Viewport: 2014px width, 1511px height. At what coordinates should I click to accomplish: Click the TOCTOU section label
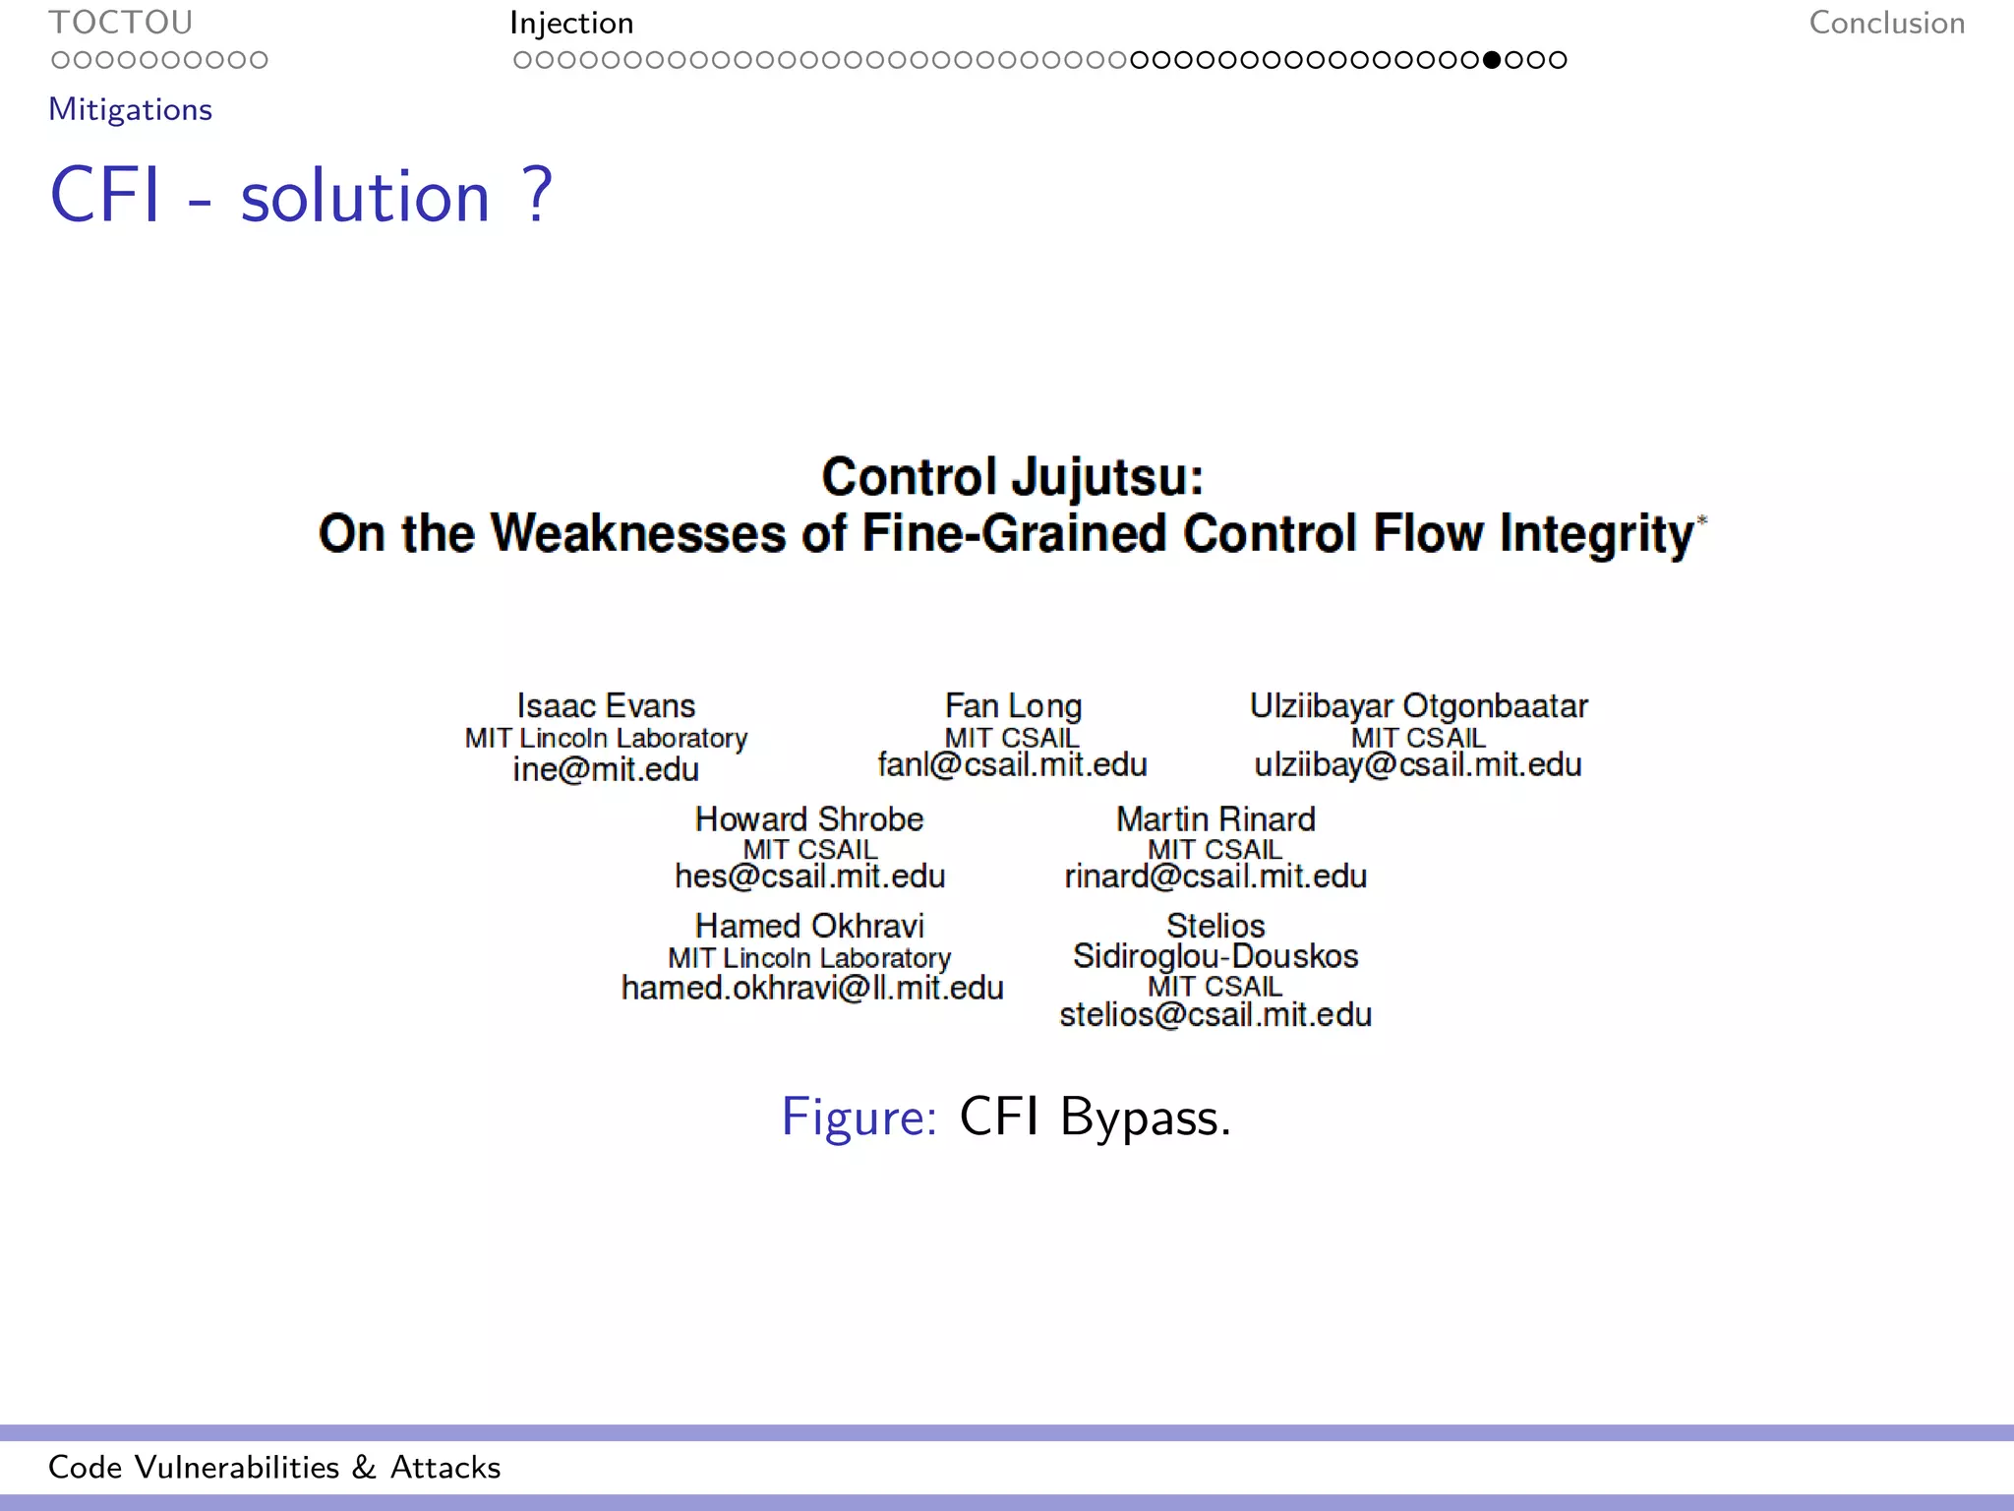coord(120,22)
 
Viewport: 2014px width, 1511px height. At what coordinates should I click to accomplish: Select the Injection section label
coord(571,23)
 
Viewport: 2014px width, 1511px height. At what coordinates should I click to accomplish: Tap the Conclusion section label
coord(1886,23)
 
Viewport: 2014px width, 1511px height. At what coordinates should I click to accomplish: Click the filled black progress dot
coord(1492,60)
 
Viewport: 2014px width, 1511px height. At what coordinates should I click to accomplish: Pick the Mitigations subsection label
coord(130,109)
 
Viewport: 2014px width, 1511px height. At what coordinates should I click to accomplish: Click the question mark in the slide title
coord(538,195)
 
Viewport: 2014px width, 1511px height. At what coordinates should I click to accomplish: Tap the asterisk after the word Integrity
coord(1702,520)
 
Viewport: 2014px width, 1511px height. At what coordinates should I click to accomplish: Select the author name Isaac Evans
coord(606,705)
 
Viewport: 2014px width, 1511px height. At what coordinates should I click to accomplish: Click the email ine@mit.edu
coord(606,769)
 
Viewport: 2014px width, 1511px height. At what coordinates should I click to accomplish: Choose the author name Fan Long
coord(1013,705)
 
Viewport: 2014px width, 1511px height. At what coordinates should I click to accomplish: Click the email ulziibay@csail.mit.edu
coord(1418,765)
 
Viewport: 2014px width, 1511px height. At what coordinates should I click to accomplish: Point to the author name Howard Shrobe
coord(809,818)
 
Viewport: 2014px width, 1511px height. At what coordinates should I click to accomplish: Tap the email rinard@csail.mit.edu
coord(1215,876)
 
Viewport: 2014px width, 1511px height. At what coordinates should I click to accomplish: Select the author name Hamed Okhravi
coord(809,926)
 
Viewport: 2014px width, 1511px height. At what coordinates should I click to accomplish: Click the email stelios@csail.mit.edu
coord(1215,1014)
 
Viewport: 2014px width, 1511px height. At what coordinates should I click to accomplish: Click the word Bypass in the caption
coord(1140,1118)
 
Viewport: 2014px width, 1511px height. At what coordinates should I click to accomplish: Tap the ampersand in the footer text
coord(364,1467)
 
